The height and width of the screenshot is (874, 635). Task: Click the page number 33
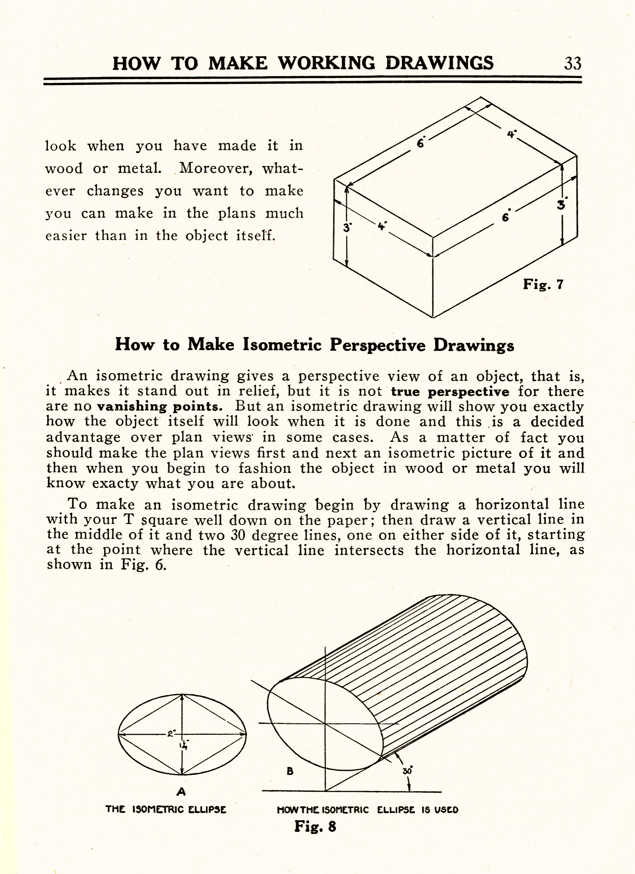pos(572,63)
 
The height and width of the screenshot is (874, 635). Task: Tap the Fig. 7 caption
pos(543,284)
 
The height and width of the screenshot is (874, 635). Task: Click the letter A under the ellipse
pos(181,792)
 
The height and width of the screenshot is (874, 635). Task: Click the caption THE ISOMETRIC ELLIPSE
pos(166,809)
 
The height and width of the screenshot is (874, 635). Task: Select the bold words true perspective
pos(450,392)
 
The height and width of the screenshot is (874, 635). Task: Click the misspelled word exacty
pos(115,484)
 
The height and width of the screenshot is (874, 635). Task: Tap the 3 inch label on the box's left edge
pos(346,228)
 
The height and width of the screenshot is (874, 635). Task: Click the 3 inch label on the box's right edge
pos(561,205)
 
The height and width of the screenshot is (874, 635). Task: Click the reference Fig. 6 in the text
pos(144,565)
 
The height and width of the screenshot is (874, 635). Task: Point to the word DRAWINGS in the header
pos(440,63)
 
